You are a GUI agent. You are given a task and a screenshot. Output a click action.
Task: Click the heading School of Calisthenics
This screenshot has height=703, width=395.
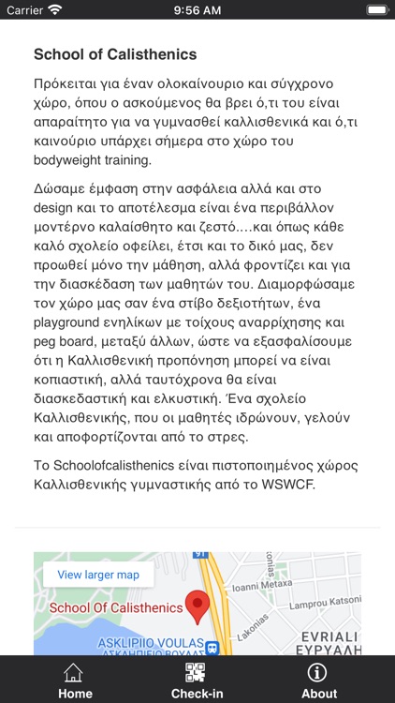(115, 54)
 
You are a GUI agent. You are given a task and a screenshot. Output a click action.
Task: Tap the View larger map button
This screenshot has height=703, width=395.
(98, 575)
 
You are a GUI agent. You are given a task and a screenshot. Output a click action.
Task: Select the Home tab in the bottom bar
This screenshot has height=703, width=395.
(75, 681)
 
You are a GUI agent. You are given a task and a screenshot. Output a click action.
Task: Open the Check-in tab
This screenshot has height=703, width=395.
(197, 681)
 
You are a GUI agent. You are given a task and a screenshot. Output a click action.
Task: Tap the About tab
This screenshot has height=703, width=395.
(318, 681)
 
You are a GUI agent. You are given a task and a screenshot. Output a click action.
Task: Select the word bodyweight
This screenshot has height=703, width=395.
(72, 160)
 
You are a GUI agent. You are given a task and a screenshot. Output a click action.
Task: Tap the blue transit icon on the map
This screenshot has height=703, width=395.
(212, 648)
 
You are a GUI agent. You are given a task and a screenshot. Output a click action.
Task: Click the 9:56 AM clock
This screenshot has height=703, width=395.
(197, 10)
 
